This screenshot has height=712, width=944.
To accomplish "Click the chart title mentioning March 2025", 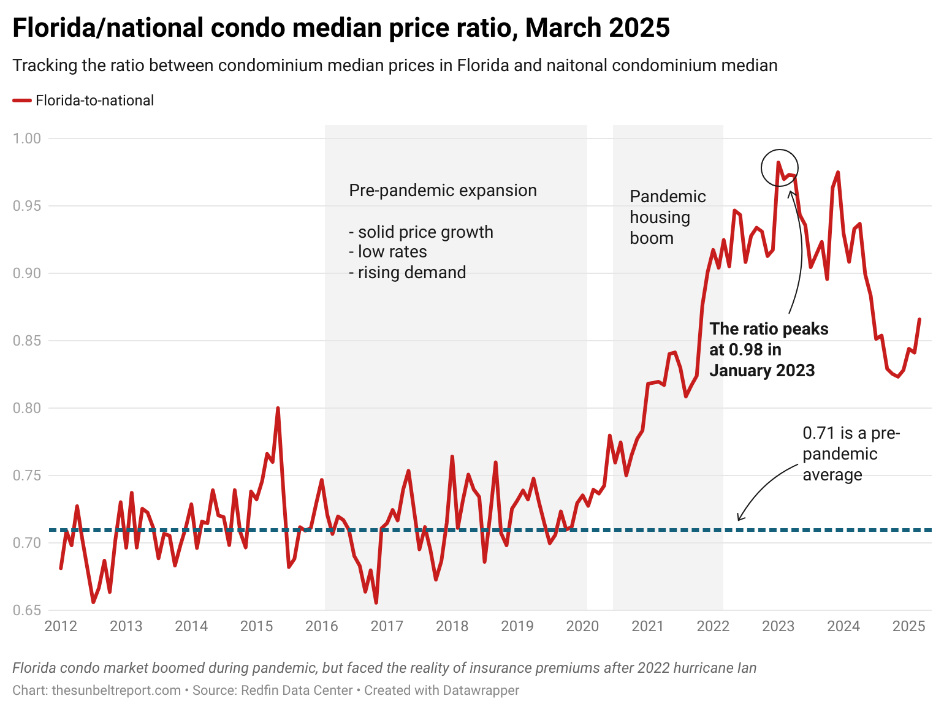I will pyautogui.click(x=341, y=28).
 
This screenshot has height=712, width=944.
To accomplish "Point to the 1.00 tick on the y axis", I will pyautogui.click(x=27, y=138).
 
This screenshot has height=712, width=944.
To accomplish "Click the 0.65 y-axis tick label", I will pyautogui.click(x=27, y=610).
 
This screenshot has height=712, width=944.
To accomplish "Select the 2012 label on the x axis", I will pyautogui.click(x=61, y=626).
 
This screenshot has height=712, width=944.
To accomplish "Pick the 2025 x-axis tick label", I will pyautogui.click(x=908, y=626).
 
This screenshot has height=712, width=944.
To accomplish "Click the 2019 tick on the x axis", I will pyautogui.click(x=517, y=626).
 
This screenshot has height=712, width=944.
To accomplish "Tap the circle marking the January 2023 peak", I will pyautogui.click(x=779, y=167).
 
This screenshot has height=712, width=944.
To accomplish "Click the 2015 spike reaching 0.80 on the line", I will pyautogui.click(x=278, y=408).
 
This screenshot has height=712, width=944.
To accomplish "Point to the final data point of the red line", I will pyautogui.click(x=919, y=319).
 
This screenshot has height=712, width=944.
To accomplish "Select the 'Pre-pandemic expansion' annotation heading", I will pyautogui.click(x=443, y=191).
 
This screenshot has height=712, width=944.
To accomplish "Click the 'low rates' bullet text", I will pyautogui.click(x=387, y=252).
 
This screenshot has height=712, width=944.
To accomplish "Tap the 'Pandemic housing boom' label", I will pyautogui.click(x=668, y=218).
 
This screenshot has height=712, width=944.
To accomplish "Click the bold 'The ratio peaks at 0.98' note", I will pyautogui.click(x=769, y=349).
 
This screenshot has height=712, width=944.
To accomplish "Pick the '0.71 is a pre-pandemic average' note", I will pyautogui.click(x=851, y=454).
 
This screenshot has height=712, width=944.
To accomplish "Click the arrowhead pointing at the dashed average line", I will pyautogui.click(x=740, y=518).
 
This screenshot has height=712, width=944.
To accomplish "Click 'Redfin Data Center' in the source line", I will pyautogui.click(x=297, y=691).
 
